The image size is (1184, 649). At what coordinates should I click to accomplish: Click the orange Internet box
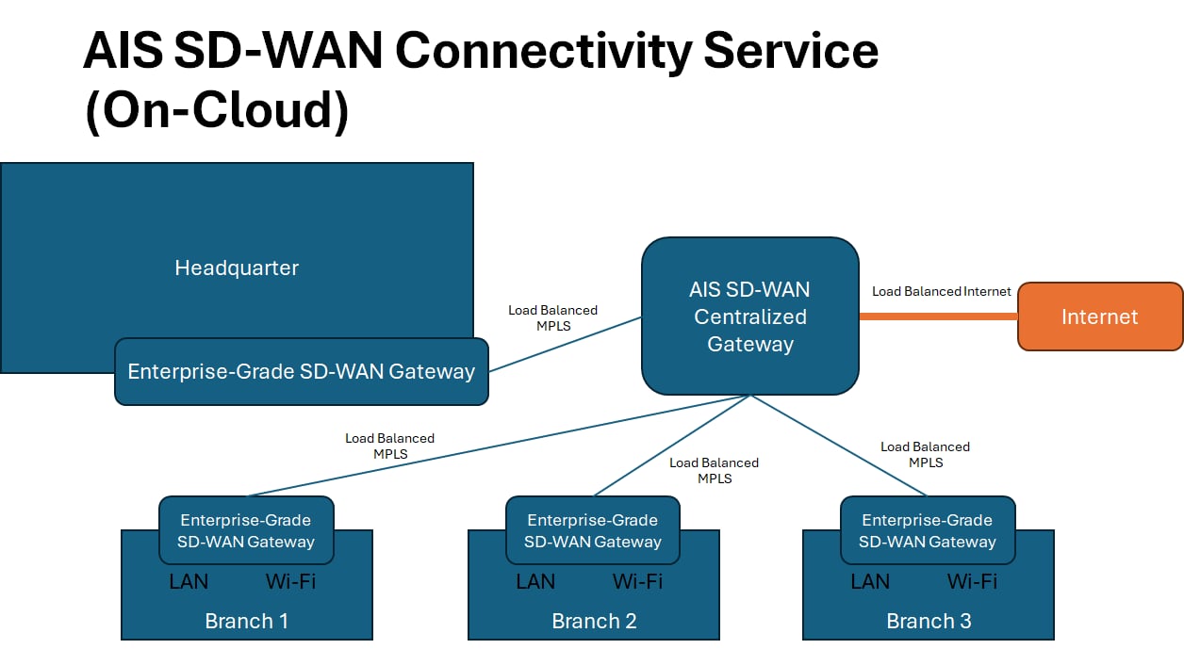tap(1100, 316)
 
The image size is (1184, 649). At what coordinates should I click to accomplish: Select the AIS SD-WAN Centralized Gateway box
tap(750, 316)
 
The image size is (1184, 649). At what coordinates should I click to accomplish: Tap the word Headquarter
tap(237, 268)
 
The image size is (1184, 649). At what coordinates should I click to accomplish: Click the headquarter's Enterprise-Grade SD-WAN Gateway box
tap(302, 371)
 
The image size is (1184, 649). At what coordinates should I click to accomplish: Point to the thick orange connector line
tap(939, 316)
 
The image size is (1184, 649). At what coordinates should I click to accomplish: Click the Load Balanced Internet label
tap(942, 291)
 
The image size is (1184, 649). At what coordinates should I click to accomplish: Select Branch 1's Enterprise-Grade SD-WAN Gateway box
tap(246, 530)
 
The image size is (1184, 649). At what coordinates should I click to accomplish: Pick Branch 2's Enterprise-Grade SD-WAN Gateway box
tap(593, 530)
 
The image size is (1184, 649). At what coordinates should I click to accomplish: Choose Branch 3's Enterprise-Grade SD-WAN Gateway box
tap(928, 530)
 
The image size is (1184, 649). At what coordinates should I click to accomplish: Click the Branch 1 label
tap(247, 621)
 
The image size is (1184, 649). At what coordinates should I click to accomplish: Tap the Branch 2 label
tap(594, 621)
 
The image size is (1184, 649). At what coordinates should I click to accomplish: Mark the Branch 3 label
tap(929, 621)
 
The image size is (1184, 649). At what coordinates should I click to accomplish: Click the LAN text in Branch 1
tap(189, 581)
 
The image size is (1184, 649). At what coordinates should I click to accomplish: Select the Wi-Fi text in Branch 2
tap(637, 581)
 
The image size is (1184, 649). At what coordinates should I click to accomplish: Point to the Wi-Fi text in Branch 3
tap(972, 581)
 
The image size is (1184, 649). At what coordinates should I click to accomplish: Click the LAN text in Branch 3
tap(870, 581)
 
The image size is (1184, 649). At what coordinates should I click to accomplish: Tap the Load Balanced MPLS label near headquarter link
tap(553, 317)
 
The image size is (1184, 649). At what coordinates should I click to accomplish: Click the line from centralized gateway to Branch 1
tap(499, 446)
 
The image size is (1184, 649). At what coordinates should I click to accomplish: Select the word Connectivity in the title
tap(543, 52)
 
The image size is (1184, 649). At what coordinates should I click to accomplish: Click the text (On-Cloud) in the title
tap(217, 110)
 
